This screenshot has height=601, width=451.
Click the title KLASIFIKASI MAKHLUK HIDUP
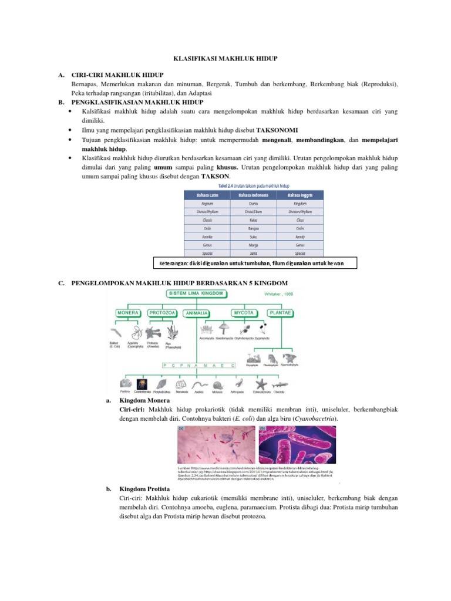[226, 59]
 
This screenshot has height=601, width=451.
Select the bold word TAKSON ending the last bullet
[216, 177]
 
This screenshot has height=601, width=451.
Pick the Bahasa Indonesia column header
[254, 195]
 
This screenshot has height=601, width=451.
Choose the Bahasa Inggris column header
[300, 195]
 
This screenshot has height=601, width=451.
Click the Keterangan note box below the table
[255, 264]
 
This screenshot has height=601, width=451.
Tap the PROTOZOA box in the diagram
[163, 313]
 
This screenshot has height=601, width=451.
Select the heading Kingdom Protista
[144, 488]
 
